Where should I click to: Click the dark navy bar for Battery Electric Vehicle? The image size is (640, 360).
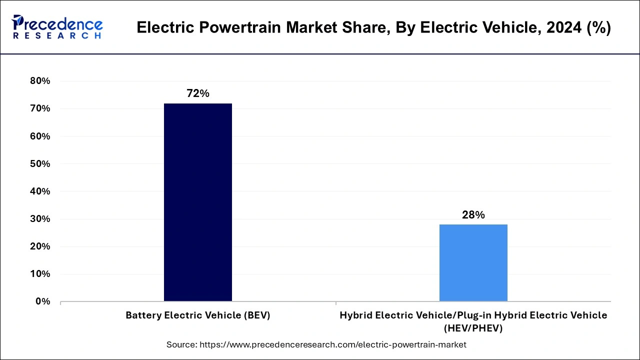pyautogui.click(x=198, y=202)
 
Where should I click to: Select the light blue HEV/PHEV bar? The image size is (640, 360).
pyautogui.click(x=473, y=263)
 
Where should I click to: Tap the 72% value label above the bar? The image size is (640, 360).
pyautogui.click(x=198, y=93)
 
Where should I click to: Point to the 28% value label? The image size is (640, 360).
pyautogui.click(x=473, y=215)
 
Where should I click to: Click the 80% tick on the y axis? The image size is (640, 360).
pyautogui.click(x=40, y=81)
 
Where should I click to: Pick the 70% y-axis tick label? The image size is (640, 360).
pyautogui.click(x=40, y=108)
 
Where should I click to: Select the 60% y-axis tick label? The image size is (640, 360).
pyautogui.click(x=40, y=136)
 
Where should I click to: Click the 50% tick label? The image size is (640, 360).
pyautogui.click(x=40, y=163)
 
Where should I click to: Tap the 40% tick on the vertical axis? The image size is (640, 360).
pyautogui.click(x=40, y=191)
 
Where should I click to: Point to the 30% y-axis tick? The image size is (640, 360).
pyautogui.click(x=40, y=218)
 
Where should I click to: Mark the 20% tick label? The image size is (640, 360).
pyautogui.click(x=40, y=246)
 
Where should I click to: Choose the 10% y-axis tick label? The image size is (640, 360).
pyautogui.click(x=40, y=273)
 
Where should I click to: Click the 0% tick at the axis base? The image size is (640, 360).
pyautogui.click(x=42, y=301)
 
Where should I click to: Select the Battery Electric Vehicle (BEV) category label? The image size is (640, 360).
pyautogui.click(x=198, y=315)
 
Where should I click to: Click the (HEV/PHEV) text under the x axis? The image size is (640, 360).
pyautogui.click(x=473, y=328)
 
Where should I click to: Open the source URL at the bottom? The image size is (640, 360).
pyautogui.click(x=332, y=344)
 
